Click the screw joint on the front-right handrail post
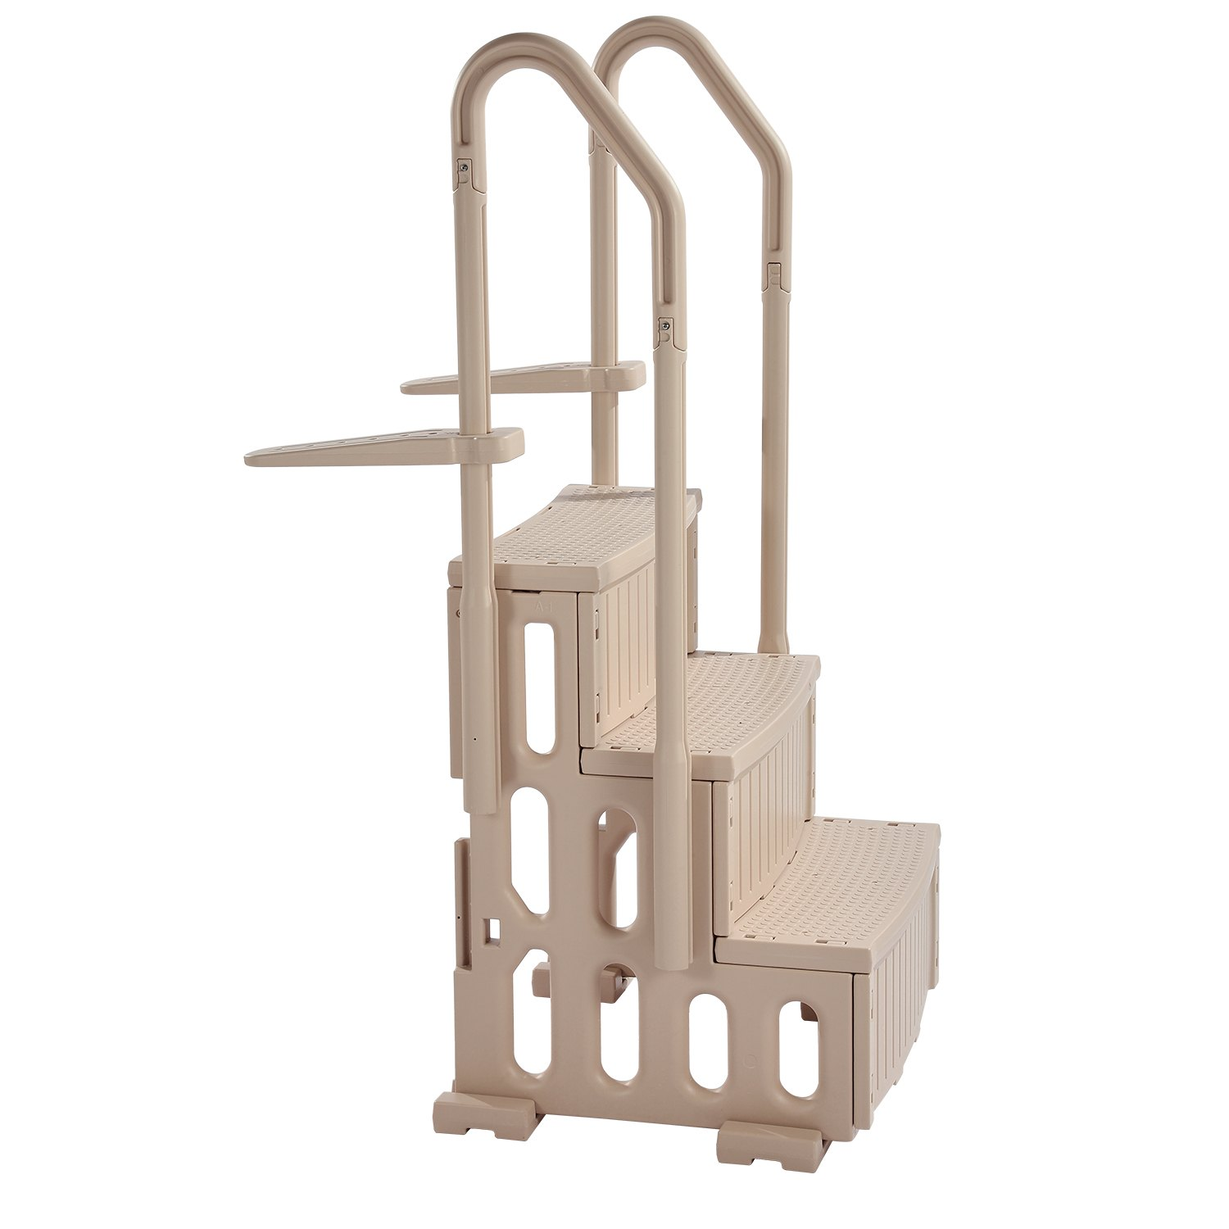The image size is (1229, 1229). click(664, 328)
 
